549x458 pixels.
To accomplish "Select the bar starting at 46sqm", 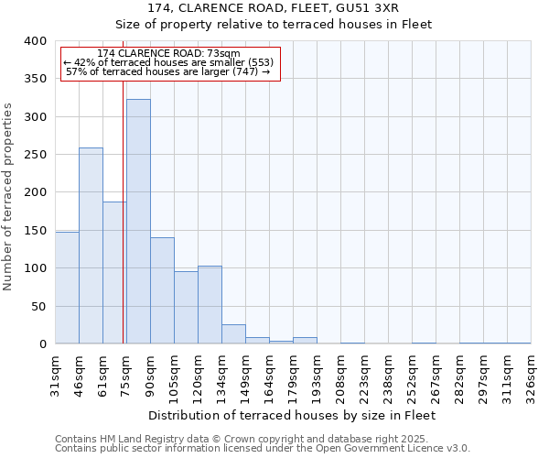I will [91, 245].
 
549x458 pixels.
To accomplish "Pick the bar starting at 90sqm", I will [162, 290].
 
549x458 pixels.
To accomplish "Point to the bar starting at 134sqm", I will [233, 334].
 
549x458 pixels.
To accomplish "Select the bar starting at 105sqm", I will [186, 308].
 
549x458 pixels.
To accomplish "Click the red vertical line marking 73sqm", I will [123, 229].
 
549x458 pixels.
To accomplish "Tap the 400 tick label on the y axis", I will [35, 41].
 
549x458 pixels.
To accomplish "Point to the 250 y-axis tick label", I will [35, 155].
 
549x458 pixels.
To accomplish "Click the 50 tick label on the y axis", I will [38, 306].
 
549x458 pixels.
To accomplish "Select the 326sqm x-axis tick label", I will [531, 376].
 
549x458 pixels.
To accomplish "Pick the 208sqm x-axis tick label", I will [340, 376].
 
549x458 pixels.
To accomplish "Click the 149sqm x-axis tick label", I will [245, 376].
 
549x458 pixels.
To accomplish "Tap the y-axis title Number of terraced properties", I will [9, 197].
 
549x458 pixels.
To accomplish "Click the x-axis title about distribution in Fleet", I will [291, 415].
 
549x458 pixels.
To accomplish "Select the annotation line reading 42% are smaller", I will [169, 62].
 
